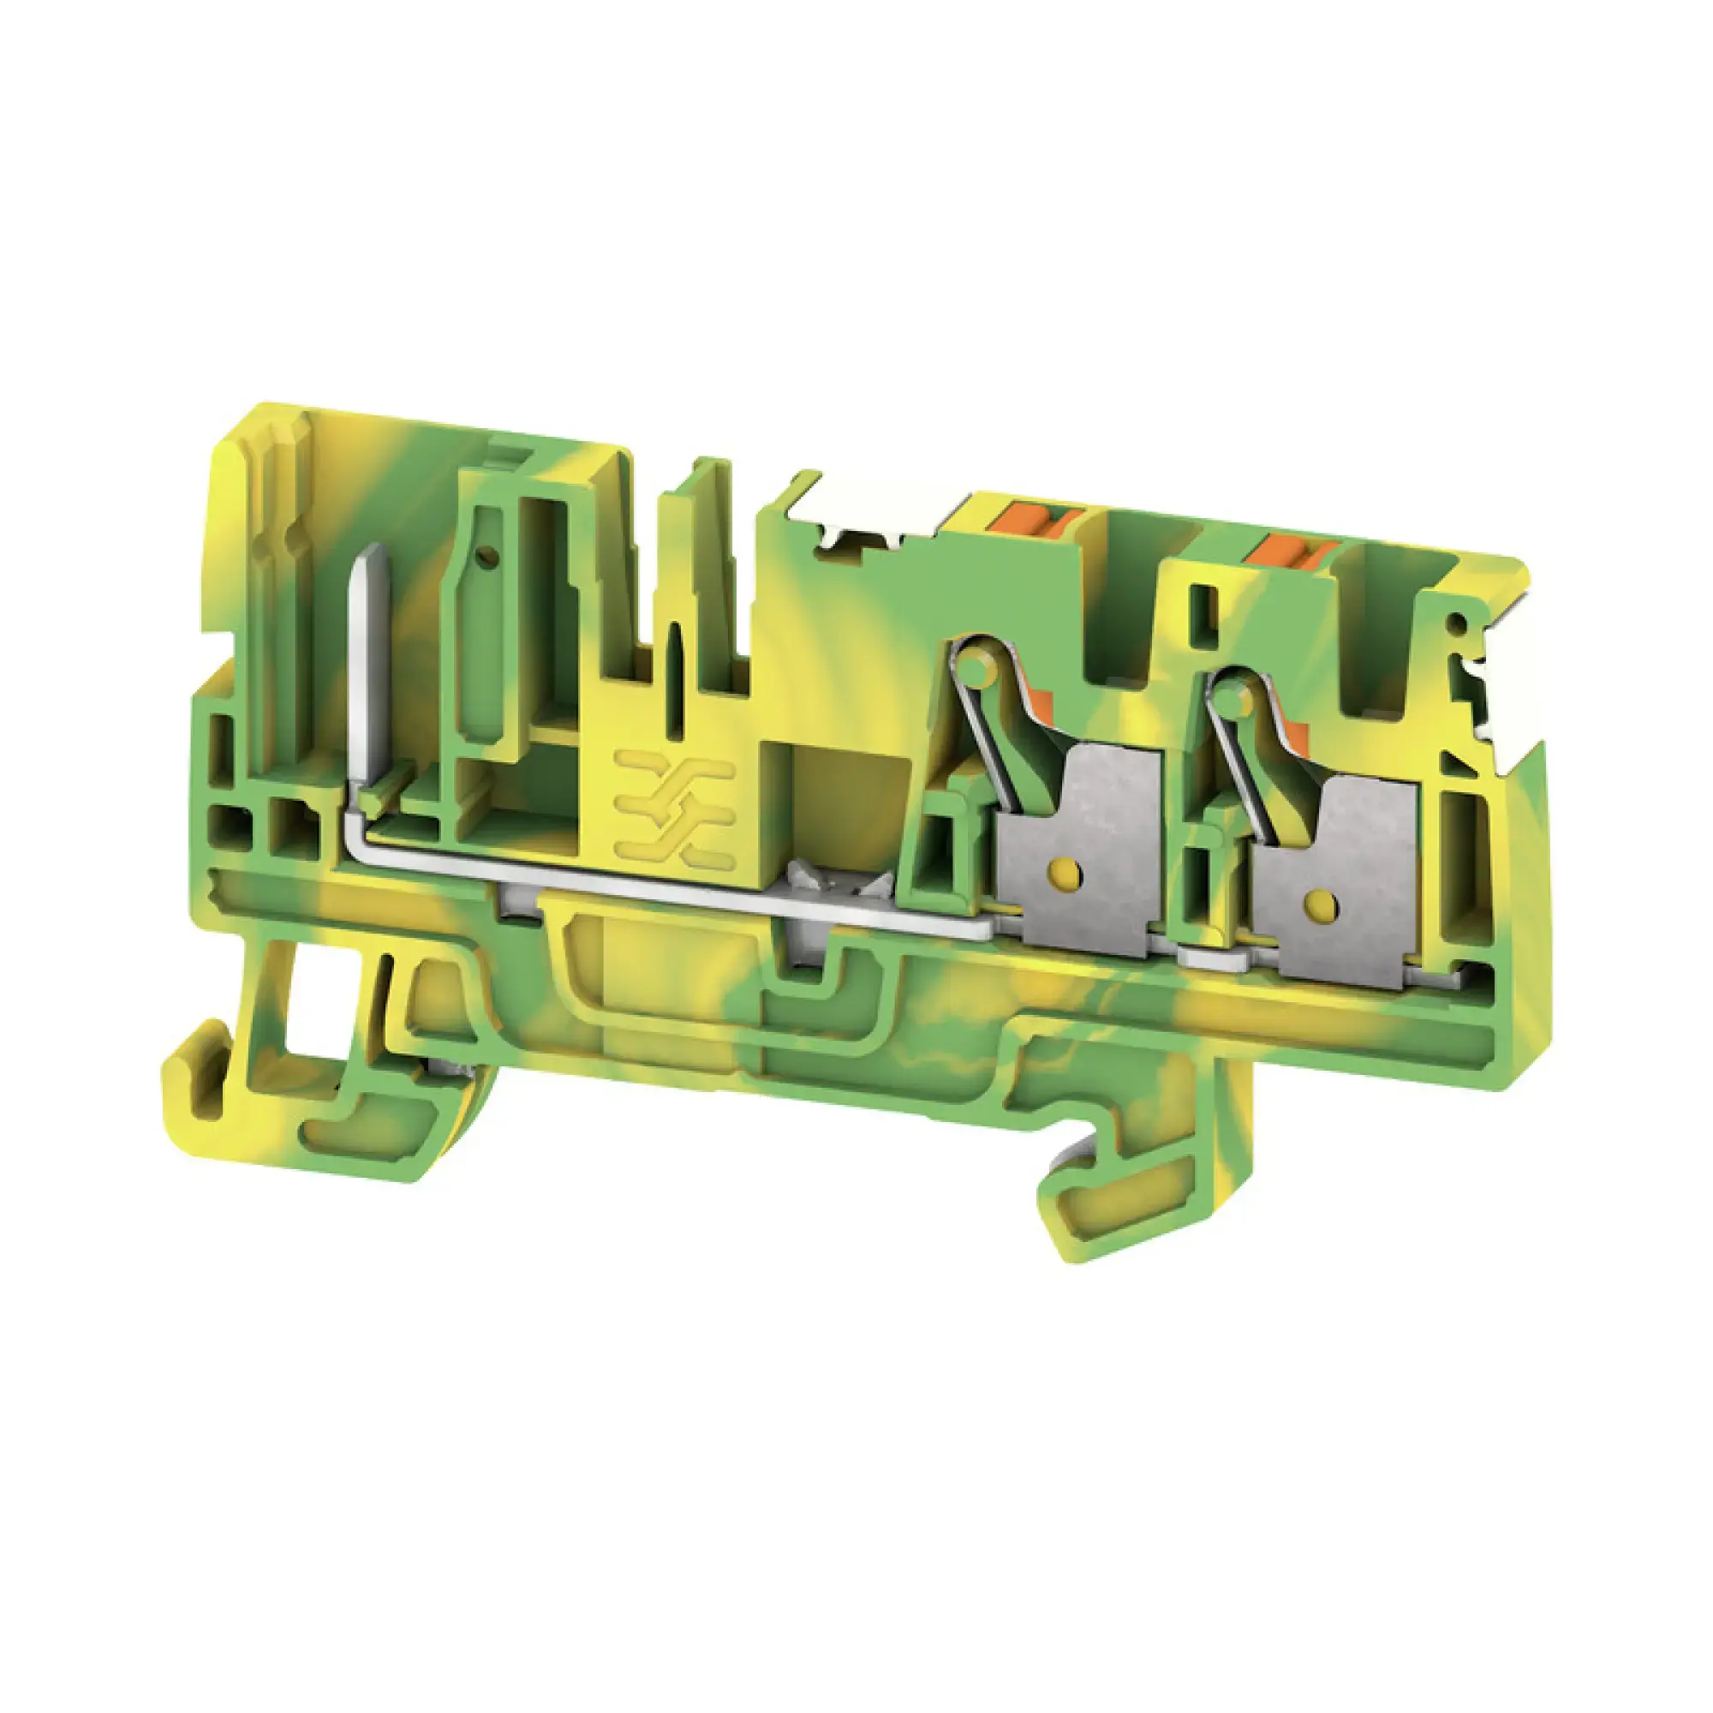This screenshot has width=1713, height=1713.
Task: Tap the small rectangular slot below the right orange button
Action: pos(1201,608)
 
